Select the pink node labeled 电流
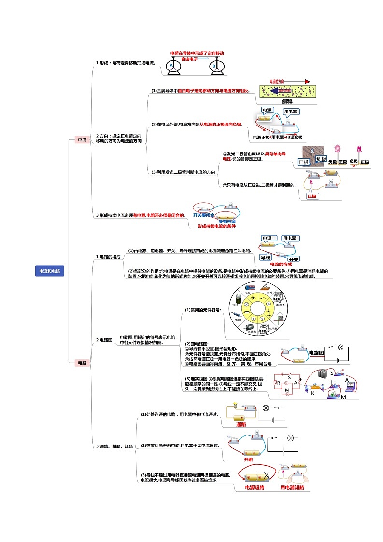[x=82, y=139]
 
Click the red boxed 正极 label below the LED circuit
[x=312, y=196]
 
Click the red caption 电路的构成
[x=281, y=264]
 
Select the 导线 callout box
[x=265, y=257]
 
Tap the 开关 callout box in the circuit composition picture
[x=294, y=258]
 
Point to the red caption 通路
[x=241, y=424]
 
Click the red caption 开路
[x=248, y=459]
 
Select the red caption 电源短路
[x=255, y=487]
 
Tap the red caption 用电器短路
[x=292, y=487]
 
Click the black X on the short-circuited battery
[x=265, y=475]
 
